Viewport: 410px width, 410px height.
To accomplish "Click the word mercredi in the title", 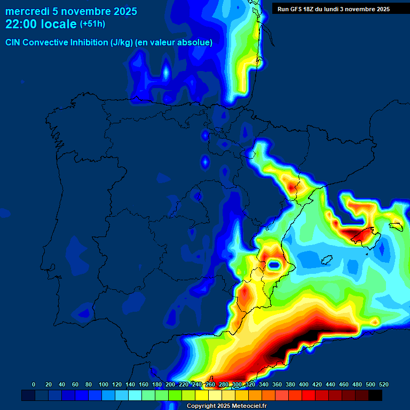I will [27, 11].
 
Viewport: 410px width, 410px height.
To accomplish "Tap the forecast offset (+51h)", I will [92, 24].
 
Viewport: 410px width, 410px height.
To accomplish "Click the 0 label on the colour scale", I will [34, 384].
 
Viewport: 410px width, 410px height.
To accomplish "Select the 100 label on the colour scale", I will [104, 384].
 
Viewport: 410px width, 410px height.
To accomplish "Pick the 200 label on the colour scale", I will [170, 384].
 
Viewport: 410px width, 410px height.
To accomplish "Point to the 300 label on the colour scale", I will [237, 384].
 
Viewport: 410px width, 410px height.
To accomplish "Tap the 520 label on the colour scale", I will [383, 384].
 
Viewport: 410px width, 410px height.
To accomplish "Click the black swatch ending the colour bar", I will [375, 395].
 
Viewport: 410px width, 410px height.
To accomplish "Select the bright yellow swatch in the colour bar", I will [202, 395].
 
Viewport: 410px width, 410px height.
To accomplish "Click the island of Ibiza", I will [324, 260].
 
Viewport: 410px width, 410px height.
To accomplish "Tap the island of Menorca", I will [395, 226].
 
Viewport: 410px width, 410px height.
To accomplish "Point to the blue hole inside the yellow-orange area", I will [275, 264].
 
